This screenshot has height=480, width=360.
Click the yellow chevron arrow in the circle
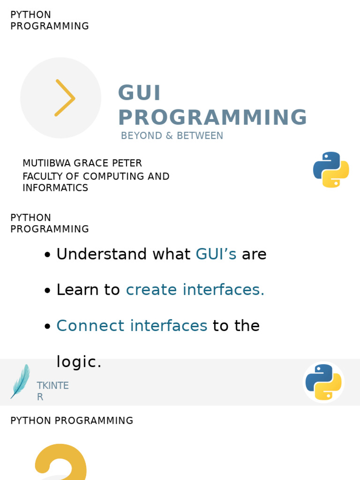pyautogui.click(x=65, y=97)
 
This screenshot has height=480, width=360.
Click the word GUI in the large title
pyautogui.click(x=139, y=93)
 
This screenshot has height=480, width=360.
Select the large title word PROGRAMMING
pyautogui.click(x=212, y=117)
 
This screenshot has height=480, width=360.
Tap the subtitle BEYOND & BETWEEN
pyautogui.click(x=172, y=136)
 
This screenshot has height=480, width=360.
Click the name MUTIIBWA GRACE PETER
pyautogui.click(x=82, y=163)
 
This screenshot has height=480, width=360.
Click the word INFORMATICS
pyautogui.click(x=55, y=188)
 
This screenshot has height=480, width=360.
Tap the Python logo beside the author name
pyautogui.click(x=331, y=169)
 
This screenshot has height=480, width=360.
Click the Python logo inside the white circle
pyautogui.click(x=323, y=382)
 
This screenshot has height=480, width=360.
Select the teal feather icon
pyautogui.click(x=20, y=381)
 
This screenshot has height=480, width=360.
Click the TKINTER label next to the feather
pyautogui.click(x=52, y=390)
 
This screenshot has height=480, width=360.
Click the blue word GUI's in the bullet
pyautogui.click(x=216, y=254)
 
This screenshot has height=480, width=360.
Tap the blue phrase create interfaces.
pyautogui.click(x=195, y=290)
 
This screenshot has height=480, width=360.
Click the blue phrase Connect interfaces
pyautogui.click(x=132, y=325)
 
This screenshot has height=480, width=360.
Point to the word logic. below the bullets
pyautogui.click(x=79, y=362)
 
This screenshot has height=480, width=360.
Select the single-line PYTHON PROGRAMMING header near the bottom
pyautogui.click(x=72, y=421)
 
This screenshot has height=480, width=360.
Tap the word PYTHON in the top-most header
pyautogui.click(x=30, y=15)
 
